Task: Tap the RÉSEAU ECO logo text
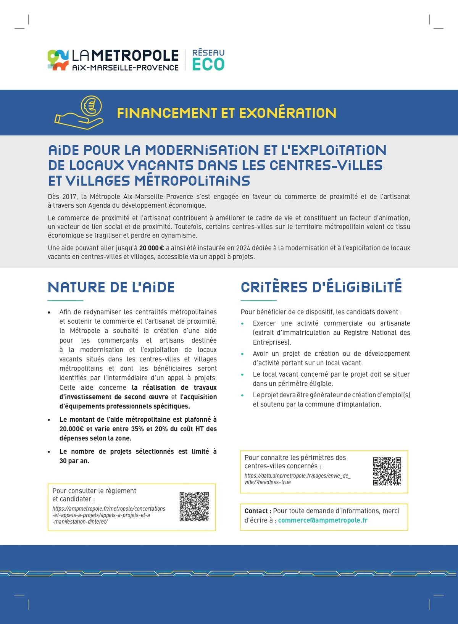click(x=208, y=60)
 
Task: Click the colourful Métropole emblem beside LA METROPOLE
click(x=58, y=60)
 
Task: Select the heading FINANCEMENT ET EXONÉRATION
click(x=226, y=113)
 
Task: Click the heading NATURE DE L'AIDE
click(x=111, y=287)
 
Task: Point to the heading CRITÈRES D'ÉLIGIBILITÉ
click(x=321, y=287)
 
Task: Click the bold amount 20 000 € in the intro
click(x=152, y=248)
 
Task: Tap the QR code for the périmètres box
click(x=387, y=471)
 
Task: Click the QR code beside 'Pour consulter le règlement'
click(x=194, y=506)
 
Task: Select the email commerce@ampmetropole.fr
click(x=323, y=520)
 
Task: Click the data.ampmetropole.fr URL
click(x=297, y=479)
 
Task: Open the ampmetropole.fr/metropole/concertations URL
click(x=109, y=515)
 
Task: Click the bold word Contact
click(x=257, y=511)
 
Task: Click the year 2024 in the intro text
click(x=243, y=248)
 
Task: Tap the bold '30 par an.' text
click(x=74, y=461)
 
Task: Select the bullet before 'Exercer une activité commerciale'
click(x=242, y=324)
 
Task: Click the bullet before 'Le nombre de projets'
click(x=49, y=452)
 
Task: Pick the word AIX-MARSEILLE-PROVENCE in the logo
click(x=125, y=68)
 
